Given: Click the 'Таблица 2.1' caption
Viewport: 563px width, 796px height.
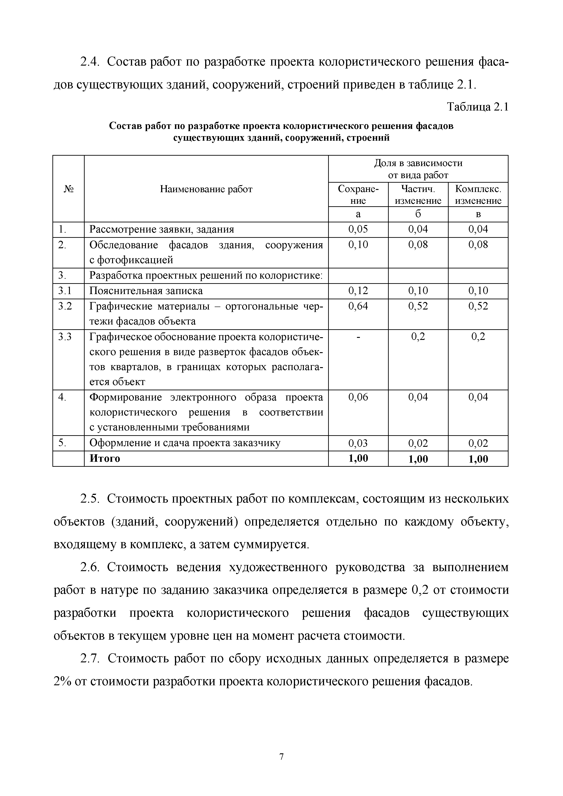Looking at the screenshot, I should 477,107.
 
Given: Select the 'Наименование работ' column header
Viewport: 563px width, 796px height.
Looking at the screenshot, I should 206,189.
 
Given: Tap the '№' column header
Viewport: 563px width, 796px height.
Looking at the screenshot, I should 69,189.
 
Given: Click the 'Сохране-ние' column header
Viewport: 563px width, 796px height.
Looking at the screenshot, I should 358,195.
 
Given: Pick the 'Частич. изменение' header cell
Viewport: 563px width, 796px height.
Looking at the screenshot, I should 418,195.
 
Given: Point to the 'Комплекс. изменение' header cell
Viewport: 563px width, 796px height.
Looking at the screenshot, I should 478,195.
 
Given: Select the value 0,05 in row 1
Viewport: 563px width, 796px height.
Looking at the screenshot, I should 358,229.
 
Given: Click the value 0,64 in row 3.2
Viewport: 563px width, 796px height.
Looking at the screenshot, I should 358,306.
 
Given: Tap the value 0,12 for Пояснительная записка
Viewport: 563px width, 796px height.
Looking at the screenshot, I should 358,291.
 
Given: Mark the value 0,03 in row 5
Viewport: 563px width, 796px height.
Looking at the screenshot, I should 358,443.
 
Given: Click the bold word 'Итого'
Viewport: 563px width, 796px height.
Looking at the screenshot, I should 105,459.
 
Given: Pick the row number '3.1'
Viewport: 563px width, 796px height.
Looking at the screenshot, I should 65,291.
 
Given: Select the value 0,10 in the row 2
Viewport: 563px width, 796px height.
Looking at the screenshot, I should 358,245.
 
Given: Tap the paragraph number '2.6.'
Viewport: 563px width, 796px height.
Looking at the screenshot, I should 91,568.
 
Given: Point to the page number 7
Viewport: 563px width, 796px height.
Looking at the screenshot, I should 281,757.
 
